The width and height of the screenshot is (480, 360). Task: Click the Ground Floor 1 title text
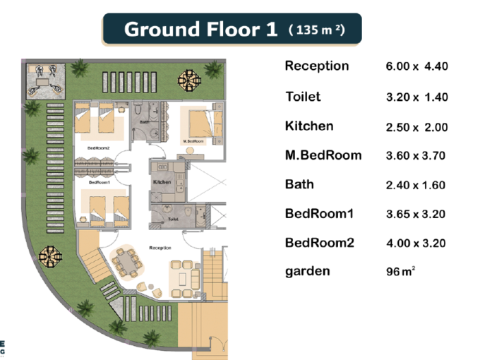(x=200, y=30)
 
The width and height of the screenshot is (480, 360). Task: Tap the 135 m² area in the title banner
(x=317, y=30)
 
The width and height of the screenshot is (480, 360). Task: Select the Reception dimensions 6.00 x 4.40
(x=416, y=66)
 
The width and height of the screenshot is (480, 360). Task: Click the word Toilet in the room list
(x=303, y=97)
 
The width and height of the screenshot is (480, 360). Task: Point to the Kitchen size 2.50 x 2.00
(x=416, y=127)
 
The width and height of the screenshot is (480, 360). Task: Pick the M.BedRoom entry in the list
(x=323, y=155)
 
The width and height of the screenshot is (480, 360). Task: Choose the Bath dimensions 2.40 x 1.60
(x=415, y=185)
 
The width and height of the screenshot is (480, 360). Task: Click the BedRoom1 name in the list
(x=319, y=214)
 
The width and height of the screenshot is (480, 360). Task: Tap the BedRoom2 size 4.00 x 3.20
(x=416, y=243)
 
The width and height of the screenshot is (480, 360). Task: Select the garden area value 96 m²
(x=400, y=271)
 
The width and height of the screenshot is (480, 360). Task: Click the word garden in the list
(x=307, y=272)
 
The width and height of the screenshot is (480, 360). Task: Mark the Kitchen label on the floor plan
(x=162, y=182)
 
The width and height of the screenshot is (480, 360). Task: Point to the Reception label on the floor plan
(x=160, y=248)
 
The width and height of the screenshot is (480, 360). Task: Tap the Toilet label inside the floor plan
(x=173, y=220)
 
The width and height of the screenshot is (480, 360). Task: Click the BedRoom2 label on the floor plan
(x=99, y=148)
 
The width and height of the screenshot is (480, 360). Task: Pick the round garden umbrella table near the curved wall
(x=51, y=256)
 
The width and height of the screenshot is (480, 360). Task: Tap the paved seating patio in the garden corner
(x=46, y=81)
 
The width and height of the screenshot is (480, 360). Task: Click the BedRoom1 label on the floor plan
(x=100, y=182)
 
